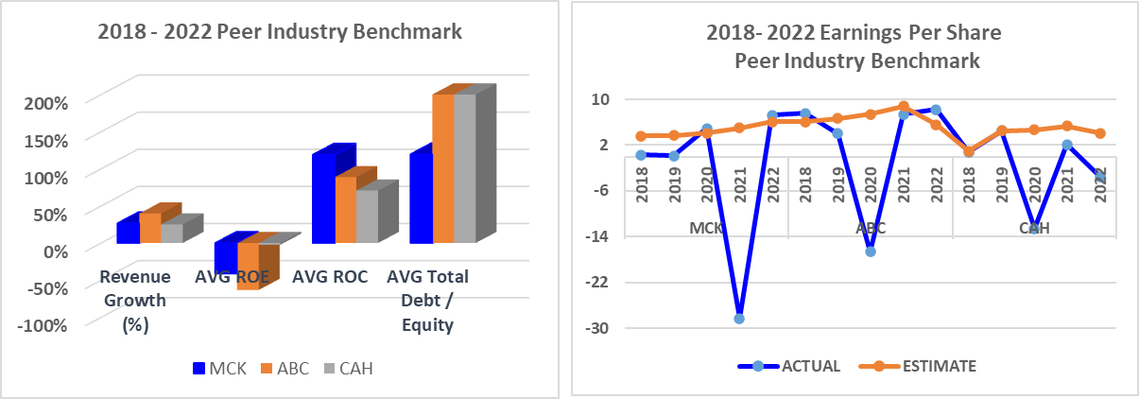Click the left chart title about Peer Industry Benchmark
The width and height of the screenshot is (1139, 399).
click(x=281, y=32)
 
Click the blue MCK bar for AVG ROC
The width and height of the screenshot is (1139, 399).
click(x=325, y=199)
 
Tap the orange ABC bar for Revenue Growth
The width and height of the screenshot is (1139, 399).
click(x=150, y=228)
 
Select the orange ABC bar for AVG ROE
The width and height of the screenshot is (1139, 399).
click(x=248, y=266)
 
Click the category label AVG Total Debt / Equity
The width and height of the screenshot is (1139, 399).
click(x=428, y=301)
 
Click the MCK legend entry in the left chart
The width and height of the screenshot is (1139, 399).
click(x=219, y=368)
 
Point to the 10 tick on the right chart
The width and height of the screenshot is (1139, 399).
click(x=601, y=98)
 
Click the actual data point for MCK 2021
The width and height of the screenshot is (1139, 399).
click(x=739, y=319)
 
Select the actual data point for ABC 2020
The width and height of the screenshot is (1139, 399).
click(x=870, y=252)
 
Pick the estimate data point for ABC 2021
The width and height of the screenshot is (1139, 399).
click(x=904, y=107)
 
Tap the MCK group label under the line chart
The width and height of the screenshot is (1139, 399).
click(x=706, y=228)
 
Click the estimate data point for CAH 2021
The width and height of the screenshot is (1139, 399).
click(x=1067, y=126)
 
